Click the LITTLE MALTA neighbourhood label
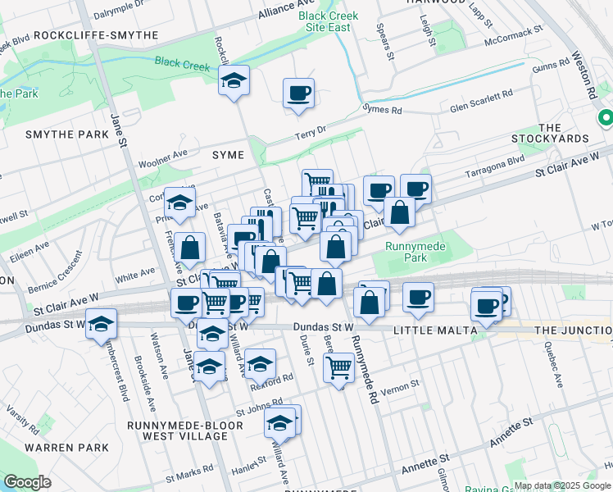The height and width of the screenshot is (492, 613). pos(434,330)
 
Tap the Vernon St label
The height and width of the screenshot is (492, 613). pos(403,384)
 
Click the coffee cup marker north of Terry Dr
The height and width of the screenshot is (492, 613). pos(298,93)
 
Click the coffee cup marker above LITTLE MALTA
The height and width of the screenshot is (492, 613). pos(418,297)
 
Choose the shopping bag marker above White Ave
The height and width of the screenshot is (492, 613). pos(190,247)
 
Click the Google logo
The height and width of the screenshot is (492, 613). pos(28,482)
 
